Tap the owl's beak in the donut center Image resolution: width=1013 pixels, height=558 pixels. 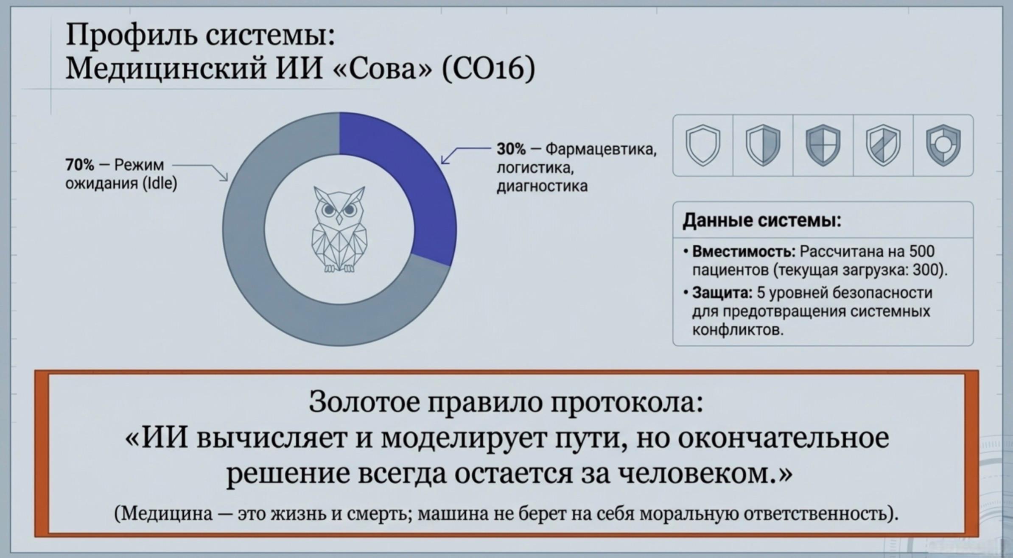pyautogui.click(x=339, y=219)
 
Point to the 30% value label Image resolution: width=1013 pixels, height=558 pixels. pyautogui.click(x=511, y=149)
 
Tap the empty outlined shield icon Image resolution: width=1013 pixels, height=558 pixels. pyautogui.click(x=703, y=145)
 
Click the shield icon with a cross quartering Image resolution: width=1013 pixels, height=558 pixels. pyautogui.click(x=823, y=145)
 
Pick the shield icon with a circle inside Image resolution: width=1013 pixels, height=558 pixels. pyautogui.click(x=943, y=145)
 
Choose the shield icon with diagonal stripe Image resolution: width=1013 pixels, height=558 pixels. pyautogui.click(x=883, y=145)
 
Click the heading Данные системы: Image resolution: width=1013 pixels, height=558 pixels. pyautogui.click(x=762, y=220)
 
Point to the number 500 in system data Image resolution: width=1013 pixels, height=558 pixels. pyautogui.click(x=922, y=251)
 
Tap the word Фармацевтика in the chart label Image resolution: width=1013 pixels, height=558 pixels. pyautogui.click(x=601, y=149)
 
